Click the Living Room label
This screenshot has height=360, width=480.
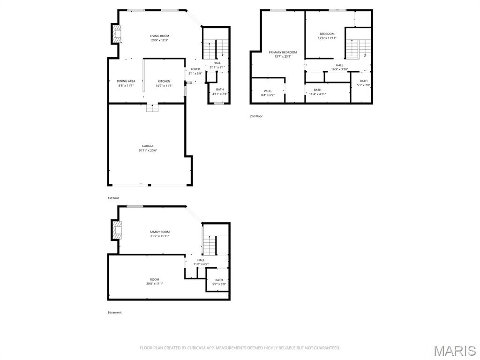(159, 36)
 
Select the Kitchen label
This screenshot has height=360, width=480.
(164, 81)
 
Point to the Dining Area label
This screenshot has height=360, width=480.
(126, 81)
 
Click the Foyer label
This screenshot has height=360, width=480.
(195, 69)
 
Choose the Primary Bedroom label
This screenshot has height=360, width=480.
(283, 52)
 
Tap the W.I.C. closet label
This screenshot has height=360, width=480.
(268, 91)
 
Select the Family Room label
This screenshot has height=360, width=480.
(159, 232)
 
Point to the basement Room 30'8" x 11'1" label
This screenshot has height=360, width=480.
(154, 280)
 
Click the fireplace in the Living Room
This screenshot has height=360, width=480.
(116, 34)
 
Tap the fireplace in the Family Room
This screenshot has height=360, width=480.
(116, 230)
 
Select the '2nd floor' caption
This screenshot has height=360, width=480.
(256, 116)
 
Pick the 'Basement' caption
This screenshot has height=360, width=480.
(114, 312)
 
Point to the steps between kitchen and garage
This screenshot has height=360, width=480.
(152, 108)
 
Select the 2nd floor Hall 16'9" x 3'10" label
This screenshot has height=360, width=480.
(339, 65)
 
